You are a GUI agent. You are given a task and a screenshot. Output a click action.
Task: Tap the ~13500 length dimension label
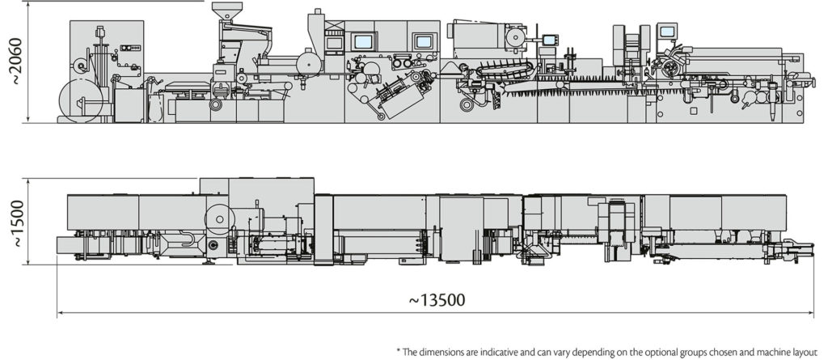[x=437, y=300]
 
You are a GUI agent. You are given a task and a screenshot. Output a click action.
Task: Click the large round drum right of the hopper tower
[x=306, y=61]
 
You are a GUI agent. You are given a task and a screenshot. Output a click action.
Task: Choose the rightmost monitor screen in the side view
[x=666, y=32]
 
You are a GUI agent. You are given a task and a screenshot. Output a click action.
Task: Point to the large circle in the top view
[x=218, y=216]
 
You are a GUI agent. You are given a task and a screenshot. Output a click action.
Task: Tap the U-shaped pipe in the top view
[x=188, y=240]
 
